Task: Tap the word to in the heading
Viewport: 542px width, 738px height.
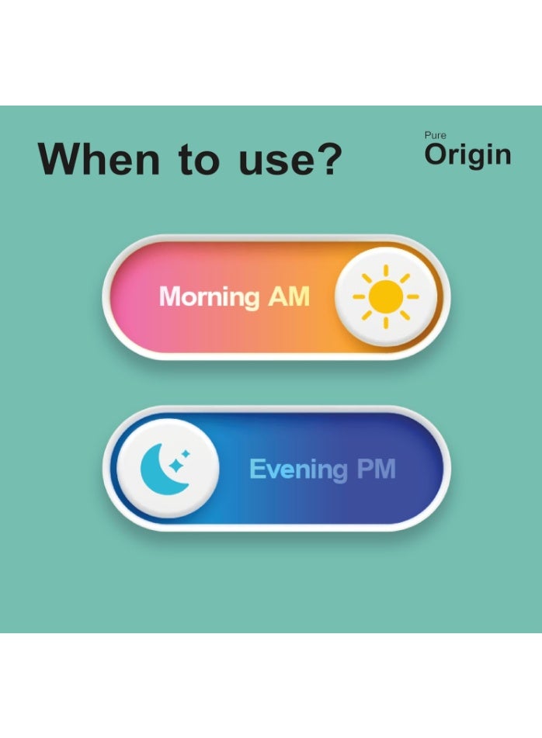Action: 200,159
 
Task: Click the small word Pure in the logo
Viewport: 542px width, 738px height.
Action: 435,135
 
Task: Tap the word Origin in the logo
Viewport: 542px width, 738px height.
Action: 467,155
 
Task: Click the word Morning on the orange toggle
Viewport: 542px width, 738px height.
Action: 209,297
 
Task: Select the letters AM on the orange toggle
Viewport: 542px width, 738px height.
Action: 289,296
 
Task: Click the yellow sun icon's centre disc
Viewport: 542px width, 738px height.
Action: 386,296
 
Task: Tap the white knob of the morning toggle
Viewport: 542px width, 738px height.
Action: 386,296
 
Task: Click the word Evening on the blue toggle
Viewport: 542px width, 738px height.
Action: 298,469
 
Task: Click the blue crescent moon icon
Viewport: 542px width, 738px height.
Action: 160,471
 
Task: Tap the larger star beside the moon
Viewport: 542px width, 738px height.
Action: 176,466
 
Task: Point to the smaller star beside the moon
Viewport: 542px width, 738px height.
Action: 186,454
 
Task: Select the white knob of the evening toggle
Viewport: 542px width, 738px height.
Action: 168,468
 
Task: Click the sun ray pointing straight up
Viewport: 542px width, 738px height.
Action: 386,271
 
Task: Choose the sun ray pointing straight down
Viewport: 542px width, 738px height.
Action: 386,323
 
